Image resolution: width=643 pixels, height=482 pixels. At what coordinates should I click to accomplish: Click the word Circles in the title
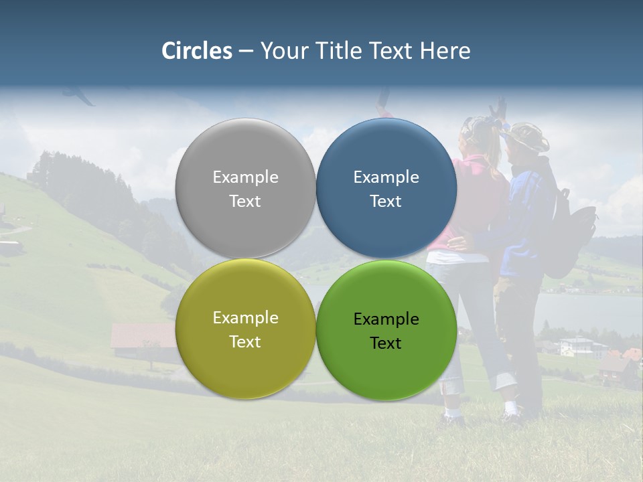[x=196, y=51]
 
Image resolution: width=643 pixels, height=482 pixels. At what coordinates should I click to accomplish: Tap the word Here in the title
[x=445, y=51]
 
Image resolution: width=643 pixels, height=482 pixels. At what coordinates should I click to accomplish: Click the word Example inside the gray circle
[x=245, y=177]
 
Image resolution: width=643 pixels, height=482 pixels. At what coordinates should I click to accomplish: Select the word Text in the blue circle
[x=386, y=202]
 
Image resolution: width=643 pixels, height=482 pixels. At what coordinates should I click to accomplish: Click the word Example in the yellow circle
[x=245, y=318]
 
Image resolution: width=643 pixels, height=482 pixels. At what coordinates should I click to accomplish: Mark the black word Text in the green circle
[x=386, y=343]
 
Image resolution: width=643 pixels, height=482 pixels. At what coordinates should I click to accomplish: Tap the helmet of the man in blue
[x=527, y=136]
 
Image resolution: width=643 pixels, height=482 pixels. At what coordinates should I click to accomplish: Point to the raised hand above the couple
[x=498, y=107]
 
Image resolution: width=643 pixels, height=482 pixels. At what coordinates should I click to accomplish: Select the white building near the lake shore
[x=575, y=345]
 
